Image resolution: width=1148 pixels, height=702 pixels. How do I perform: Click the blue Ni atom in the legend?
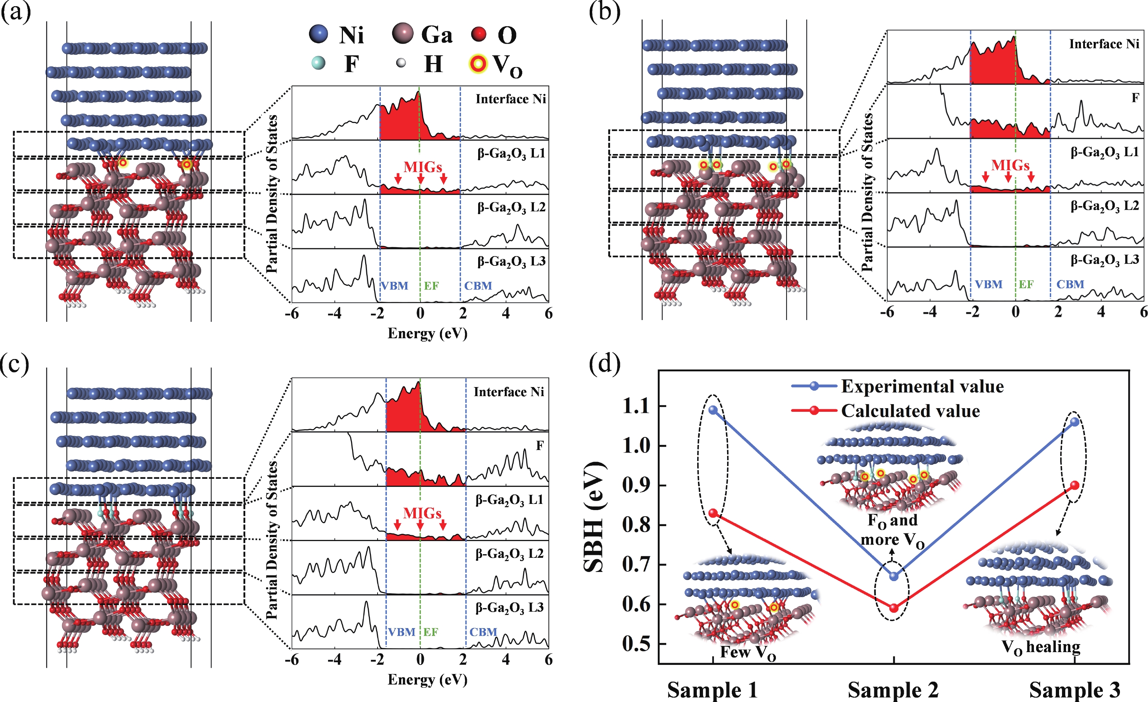[x=319, y=35]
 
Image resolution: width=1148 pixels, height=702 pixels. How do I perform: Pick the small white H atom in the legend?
[x=401, y=63]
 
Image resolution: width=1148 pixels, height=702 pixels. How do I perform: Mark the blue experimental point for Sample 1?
[x=713, y=410]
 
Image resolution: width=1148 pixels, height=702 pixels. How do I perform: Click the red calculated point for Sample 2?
[x=894, y=608]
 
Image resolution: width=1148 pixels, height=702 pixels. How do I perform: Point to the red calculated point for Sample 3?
[x=1075, y=485]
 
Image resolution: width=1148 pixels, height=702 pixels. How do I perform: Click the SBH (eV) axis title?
[x=594, y=517]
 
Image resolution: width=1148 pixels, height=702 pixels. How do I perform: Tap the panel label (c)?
[x=15, y=364]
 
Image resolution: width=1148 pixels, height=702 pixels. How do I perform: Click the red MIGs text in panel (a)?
[x=423, y=167]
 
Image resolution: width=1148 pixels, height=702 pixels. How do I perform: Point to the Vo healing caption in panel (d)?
[x=1041, y=647]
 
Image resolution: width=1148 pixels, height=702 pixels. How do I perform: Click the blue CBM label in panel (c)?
[x=483, y=632]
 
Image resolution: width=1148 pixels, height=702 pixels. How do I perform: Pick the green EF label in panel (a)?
[x=431, y=286]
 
